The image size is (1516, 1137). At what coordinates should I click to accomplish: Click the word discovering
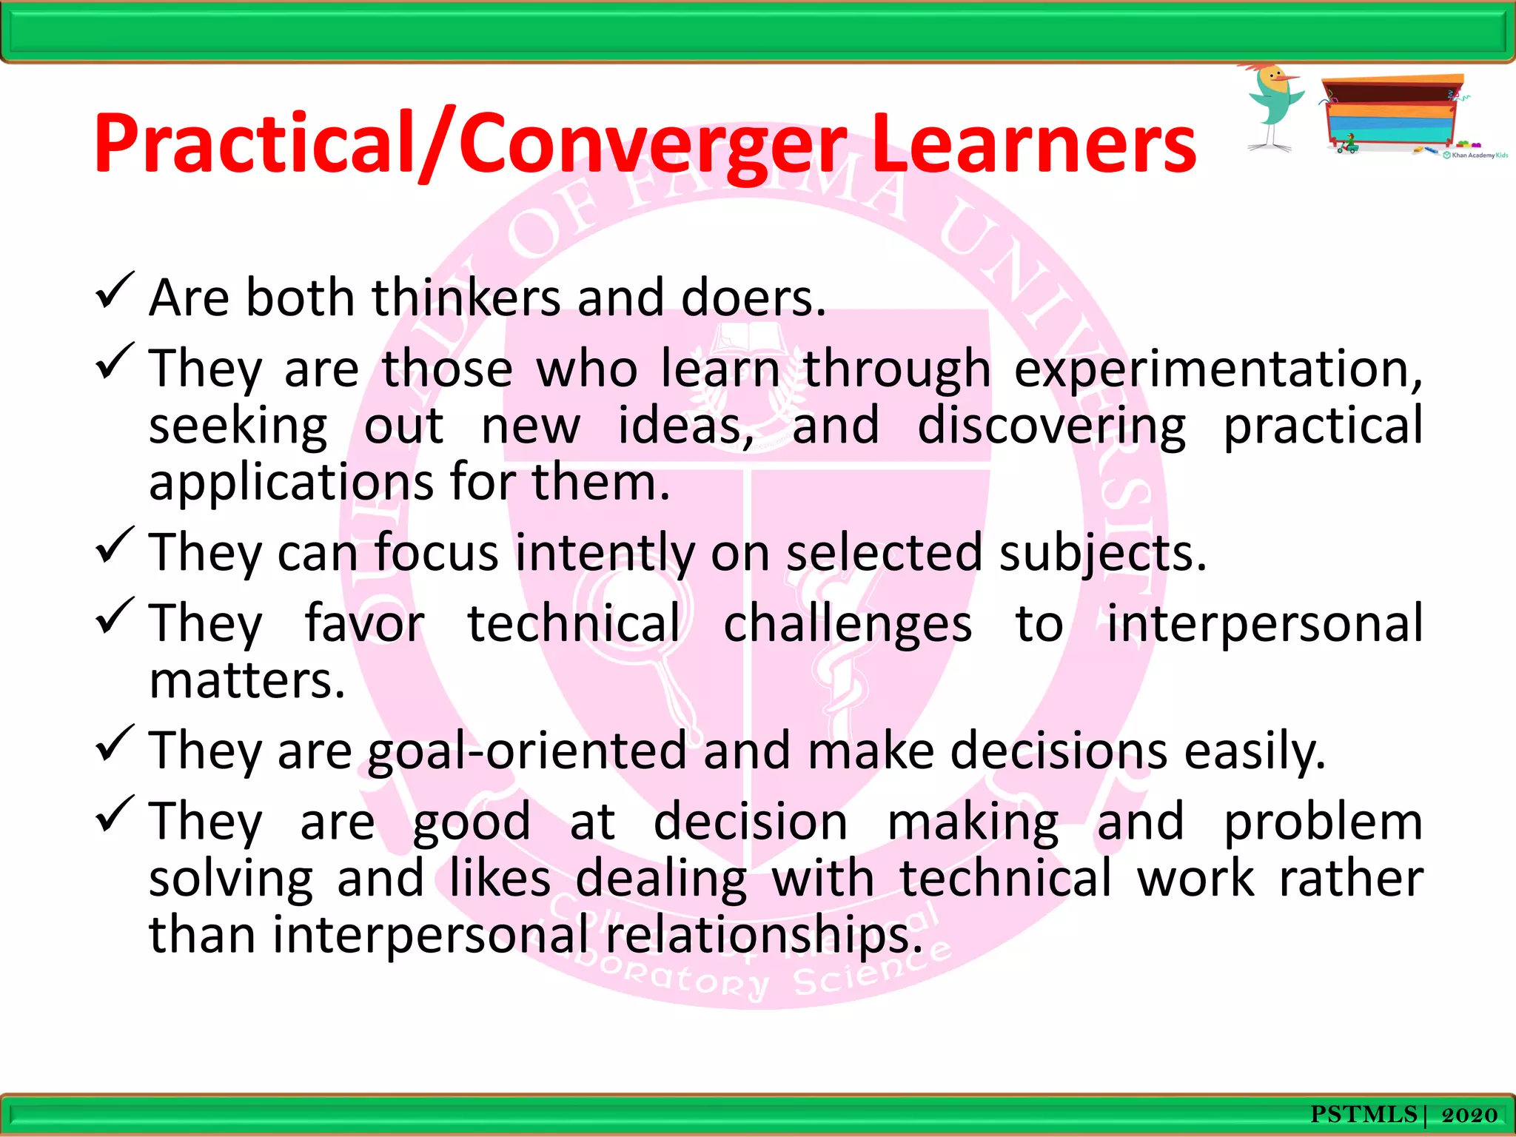[x=1051, y=427]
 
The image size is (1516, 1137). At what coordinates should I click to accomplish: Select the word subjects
[x=1103, y=554]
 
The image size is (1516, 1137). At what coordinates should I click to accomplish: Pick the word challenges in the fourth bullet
[x=848, y=624]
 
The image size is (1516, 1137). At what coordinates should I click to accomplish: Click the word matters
[x=246, y=681]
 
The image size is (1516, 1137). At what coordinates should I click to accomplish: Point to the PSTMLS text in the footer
[x=1364, y=1115]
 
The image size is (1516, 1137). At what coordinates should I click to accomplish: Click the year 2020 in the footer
[x=1469, y=1115]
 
